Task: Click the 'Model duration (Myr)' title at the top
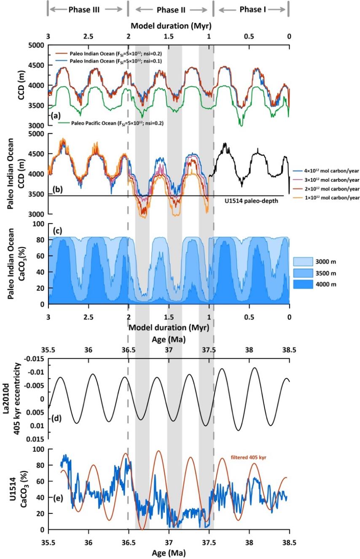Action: pos(169,26)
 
